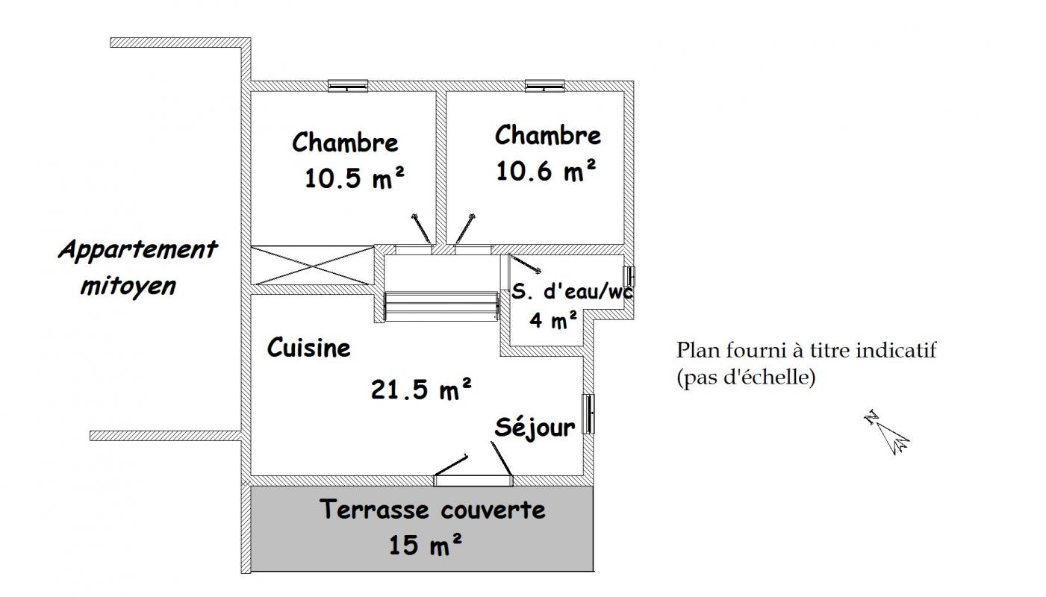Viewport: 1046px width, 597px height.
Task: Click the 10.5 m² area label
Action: pyautogui.click(x=355, y=178)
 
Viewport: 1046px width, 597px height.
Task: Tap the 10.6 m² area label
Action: pyautogui.click(x=546, y=170)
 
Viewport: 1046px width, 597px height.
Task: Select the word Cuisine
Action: pyautogui.click(x=308, y=347)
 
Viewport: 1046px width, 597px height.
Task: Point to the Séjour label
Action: pyautogui.click(x=535, y=427)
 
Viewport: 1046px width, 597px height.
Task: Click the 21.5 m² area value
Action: pyautogui.click(x=421, y=389)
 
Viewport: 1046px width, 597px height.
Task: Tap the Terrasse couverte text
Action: pyautogui.click(x=433, y=509)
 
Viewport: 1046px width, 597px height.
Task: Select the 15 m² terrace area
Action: pyautogui.click(x=426, y=544)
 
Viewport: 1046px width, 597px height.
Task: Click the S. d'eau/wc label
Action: pyautogui.click(x=572, y=291)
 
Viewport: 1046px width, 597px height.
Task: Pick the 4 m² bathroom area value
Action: pyautogui.click(x=553, y=319)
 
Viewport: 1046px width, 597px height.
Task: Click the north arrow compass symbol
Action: pyautogui.click(x=887, y=432)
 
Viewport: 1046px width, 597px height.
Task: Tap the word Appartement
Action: pyautogui.click(x=138, y=250)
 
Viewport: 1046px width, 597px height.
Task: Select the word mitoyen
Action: pyautogui.click(x=128, y=286)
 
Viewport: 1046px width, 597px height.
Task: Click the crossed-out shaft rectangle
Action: pyautogui.click(x=312, y=265)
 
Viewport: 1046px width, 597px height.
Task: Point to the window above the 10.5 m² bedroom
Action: pyautogui.click(x=347, y=86)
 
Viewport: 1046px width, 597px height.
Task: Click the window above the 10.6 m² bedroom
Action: pyautogui.click(x=545, y=86)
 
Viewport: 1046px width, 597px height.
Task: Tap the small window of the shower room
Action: pyautogui.click(x=629, y=276)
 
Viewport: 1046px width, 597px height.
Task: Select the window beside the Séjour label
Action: pyautogui.click(x=588, y=414)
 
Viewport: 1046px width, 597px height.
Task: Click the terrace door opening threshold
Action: pyautogui.click(x=473, y=481)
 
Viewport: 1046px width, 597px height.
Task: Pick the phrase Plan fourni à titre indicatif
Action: pyautogui.click(x=806, y=350)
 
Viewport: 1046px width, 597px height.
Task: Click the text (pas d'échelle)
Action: pyautogui.click(x=746, y=377)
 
